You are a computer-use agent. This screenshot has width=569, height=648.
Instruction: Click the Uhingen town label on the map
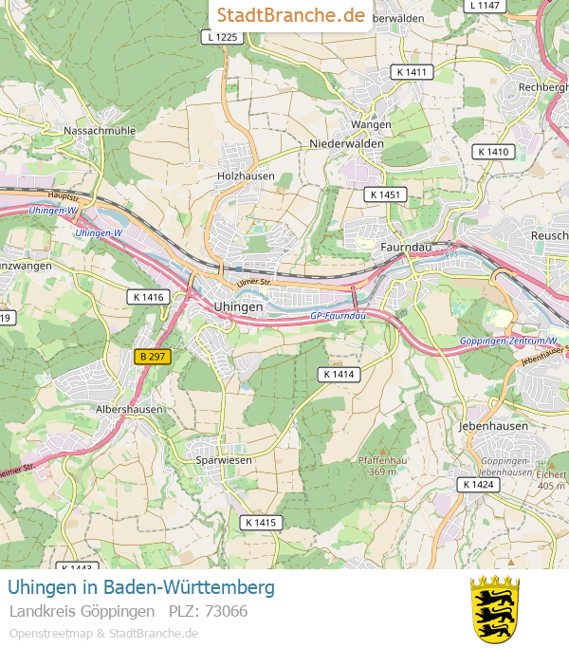pos(238,307)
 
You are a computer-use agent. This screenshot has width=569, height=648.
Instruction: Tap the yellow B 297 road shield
pos(151,357)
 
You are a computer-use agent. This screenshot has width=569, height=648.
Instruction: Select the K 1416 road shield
pos(147,297)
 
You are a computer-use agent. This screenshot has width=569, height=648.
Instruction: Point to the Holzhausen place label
pos(246,176)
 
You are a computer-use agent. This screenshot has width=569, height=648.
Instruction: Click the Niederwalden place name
pos(346,143)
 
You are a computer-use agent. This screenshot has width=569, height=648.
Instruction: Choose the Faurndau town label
pos(405,246)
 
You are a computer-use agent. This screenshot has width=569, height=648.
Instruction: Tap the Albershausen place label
pos(130,409)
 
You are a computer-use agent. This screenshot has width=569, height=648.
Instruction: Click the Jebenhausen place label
pos(492,426)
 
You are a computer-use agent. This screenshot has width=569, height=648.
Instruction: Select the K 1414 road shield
pos(339,375)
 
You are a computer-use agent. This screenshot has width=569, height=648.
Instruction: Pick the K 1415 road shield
pos(260,522)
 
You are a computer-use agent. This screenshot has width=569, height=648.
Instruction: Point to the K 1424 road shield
pos(478,484)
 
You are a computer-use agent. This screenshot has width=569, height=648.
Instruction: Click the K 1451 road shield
pos(386,194)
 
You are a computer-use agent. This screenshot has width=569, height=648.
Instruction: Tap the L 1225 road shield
pos(222,37)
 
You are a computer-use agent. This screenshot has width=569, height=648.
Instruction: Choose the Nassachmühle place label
pos(99,130)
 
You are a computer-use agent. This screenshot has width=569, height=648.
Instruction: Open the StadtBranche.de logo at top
pos(290,15)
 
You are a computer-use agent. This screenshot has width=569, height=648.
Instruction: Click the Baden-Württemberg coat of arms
pos(495,608)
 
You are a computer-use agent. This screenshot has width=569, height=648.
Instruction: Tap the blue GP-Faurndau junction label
pos(338,315)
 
